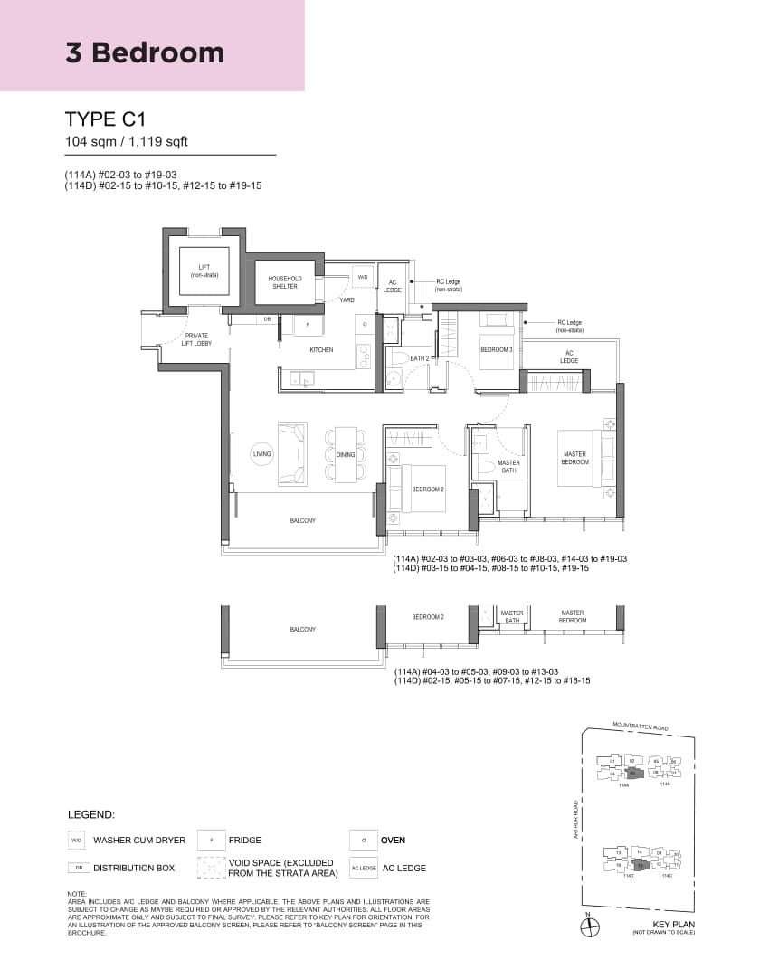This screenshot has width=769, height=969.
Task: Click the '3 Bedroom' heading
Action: point(145,52)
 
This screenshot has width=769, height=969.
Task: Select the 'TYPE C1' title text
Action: point(106,119)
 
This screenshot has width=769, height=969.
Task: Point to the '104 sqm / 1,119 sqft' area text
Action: point(127,142)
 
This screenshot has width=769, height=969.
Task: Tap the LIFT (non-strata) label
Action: point(204,271)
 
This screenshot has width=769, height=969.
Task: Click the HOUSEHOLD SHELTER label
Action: point(285,282)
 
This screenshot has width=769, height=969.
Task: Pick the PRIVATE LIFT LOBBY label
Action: point(196,339)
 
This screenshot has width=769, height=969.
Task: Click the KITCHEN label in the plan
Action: point(321,350)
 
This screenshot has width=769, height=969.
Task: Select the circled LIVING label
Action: point(262,453)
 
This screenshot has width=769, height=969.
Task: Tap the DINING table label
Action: point(346,454)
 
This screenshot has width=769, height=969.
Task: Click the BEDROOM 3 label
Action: point(495,349)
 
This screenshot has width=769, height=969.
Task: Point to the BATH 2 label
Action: point(419,358)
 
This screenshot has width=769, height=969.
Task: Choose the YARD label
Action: point(347,299)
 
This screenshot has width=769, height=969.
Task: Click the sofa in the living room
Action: point(292,453)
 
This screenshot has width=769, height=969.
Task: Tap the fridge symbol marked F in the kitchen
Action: point(308,324)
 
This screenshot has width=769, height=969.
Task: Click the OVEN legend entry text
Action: point(394,841)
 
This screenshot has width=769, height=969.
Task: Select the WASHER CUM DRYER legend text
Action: point(139,841)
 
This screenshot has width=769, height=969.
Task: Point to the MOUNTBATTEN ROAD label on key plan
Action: point(640,726)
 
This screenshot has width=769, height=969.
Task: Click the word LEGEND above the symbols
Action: point(91,815)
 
